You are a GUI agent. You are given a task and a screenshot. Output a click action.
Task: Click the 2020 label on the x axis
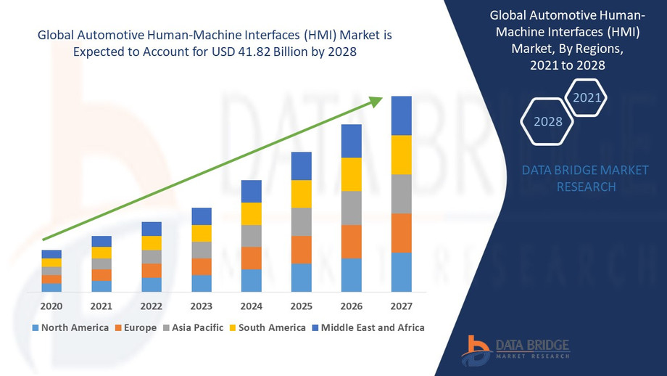pos(51,306)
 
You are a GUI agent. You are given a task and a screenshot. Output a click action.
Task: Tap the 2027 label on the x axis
pos(401,306)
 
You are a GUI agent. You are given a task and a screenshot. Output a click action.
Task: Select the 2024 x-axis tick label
pos(251,306)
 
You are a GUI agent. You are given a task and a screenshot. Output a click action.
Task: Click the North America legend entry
pos(70,327)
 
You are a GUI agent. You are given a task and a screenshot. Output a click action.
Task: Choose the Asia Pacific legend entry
pos(192,327)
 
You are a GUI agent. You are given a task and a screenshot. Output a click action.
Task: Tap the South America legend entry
pos(266,327)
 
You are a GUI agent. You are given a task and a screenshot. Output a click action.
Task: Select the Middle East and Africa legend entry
pos(368,327)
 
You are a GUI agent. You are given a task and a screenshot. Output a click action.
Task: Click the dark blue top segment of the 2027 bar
pos(401,115)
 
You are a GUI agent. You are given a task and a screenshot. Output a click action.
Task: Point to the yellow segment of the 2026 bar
pos(351,174)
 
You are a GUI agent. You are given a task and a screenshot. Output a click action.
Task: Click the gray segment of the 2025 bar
pos(301,221)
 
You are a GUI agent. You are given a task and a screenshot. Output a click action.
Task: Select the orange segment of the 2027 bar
pos(401,233)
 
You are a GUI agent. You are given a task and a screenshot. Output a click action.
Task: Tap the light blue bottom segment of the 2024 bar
pos(251,280)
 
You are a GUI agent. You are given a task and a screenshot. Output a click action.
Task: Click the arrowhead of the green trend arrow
pos(377,101)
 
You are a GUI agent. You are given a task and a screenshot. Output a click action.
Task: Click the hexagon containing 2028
pos(548,121)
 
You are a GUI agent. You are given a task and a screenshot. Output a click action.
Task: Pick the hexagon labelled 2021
pos(586,97)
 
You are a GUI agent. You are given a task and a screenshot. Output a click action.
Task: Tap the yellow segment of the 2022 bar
pos(152,243)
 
